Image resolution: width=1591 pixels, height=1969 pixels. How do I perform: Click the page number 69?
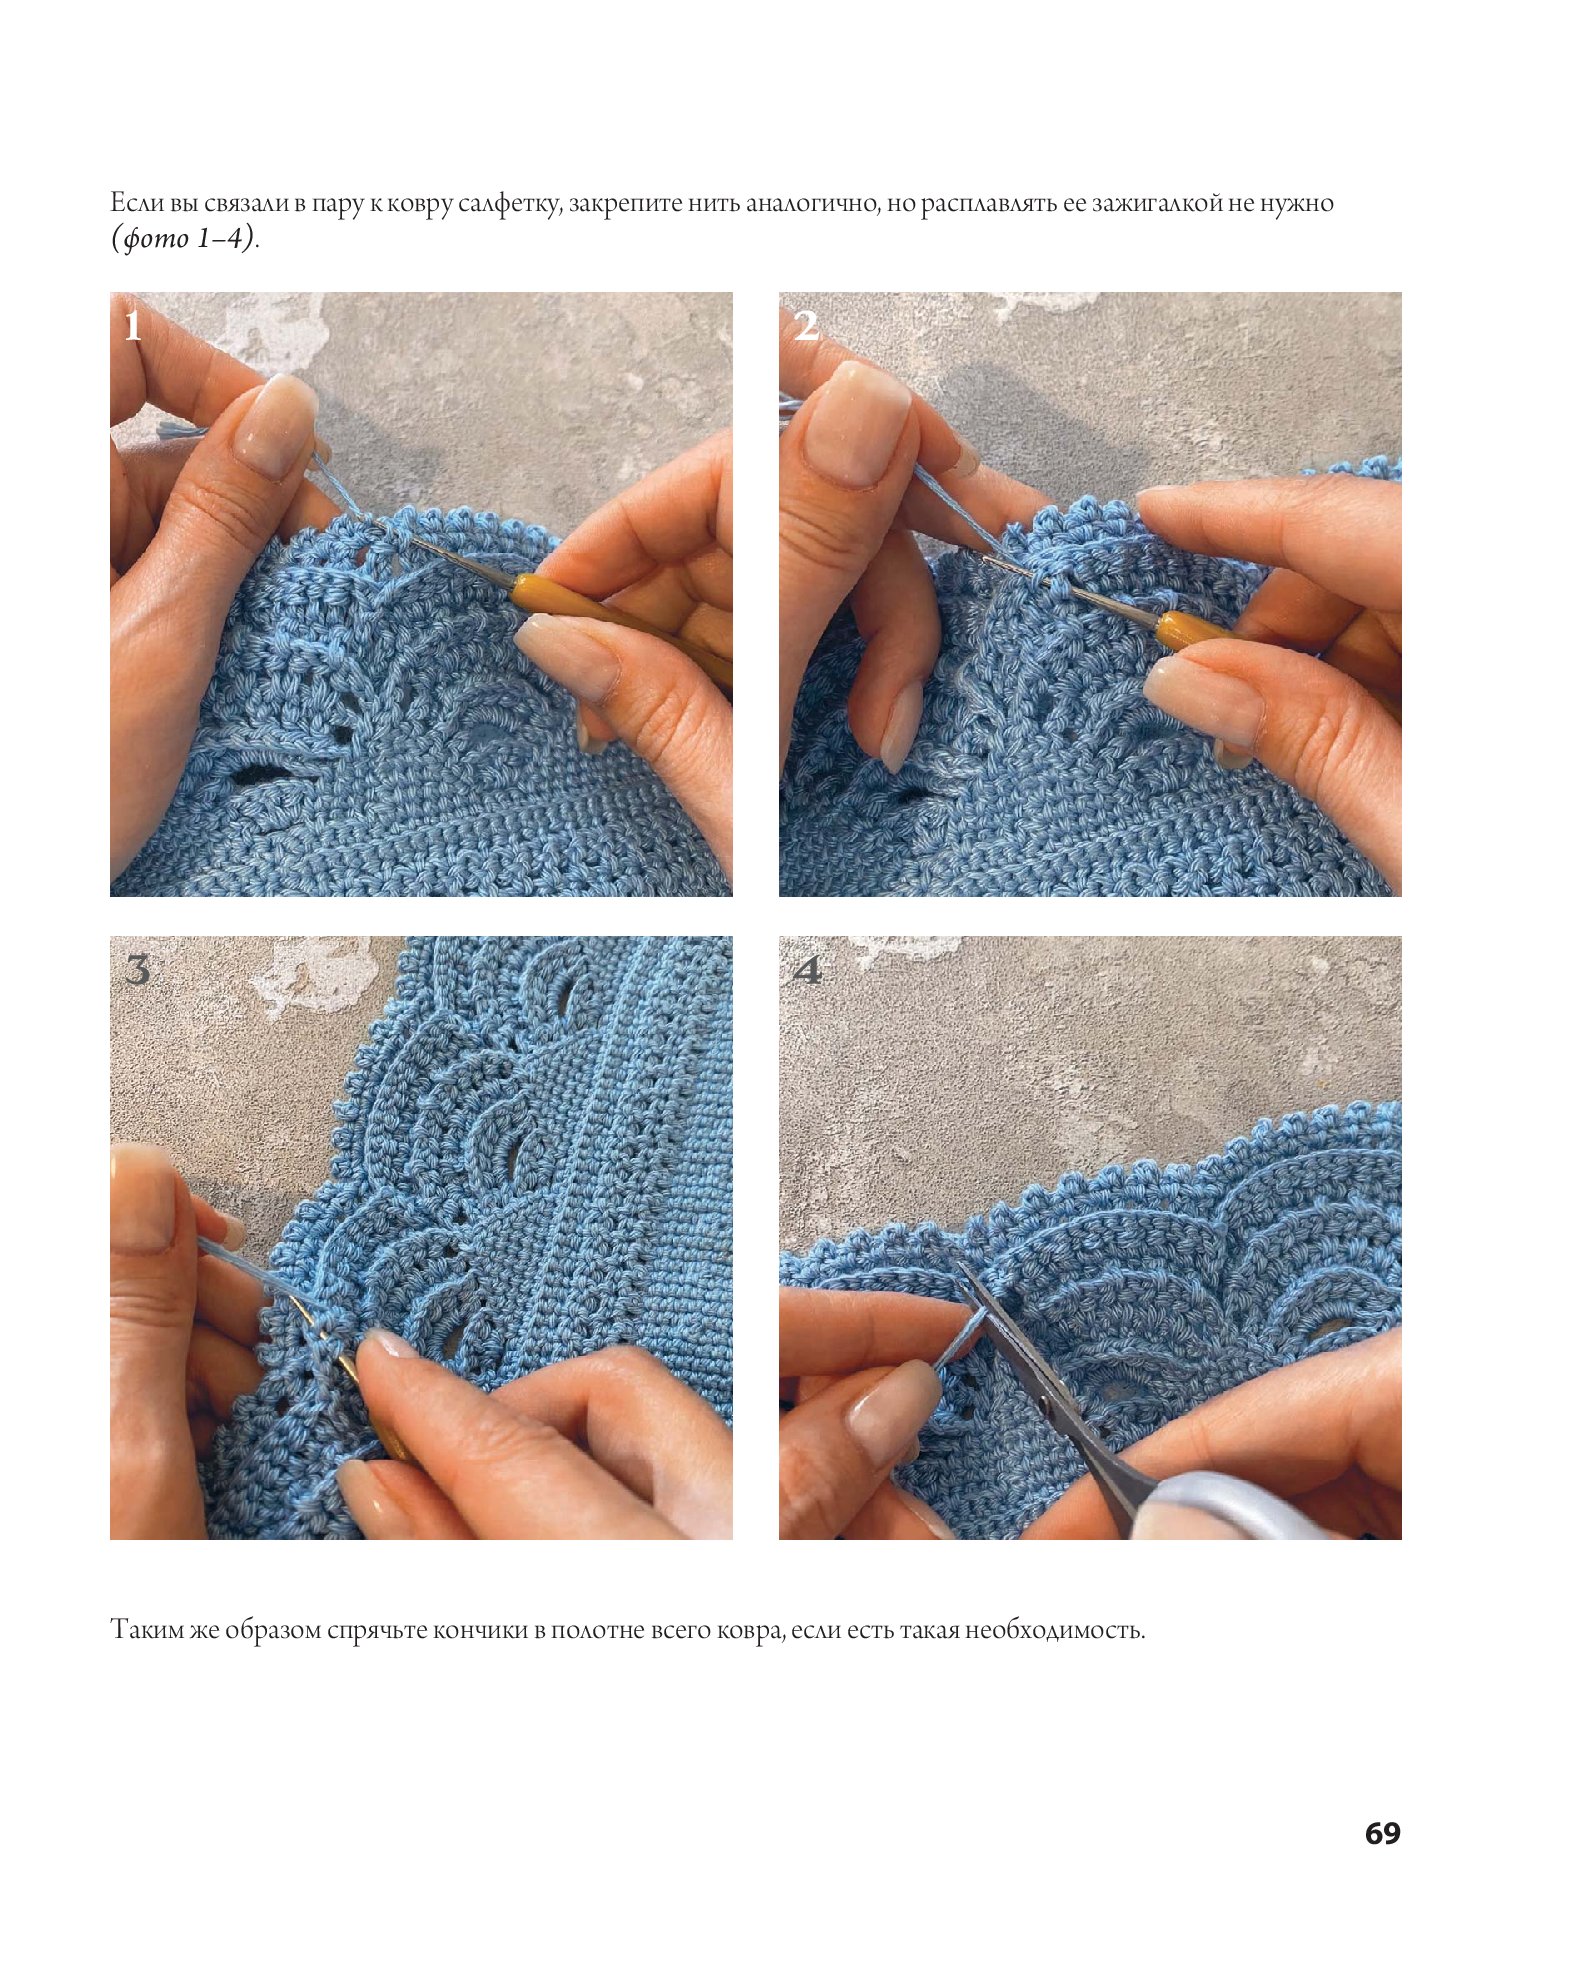tap(1382, 1833)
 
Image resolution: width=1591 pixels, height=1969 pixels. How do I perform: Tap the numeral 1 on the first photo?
tap(133, 326)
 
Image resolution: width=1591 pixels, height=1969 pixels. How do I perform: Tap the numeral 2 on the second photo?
tap(806, 326)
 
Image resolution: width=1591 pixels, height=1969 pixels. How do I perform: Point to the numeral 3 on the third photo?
tap(137, 969)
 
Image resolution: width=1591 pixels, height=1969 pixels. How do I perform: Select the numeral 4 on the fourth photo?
tap(807, 969)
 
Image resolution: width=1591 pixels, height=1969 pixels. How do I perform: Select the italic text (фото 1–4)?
tap(183, 238)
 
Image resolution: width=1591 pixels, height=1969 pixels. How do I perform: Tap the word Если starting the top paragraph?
tap(137, 203)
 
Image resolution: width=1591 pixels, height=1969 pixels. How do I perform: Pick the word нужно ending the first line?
tap(1296, 204)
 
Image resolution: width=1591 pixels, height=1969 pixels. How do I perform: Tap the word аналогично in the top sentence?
tap(812, 204)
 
